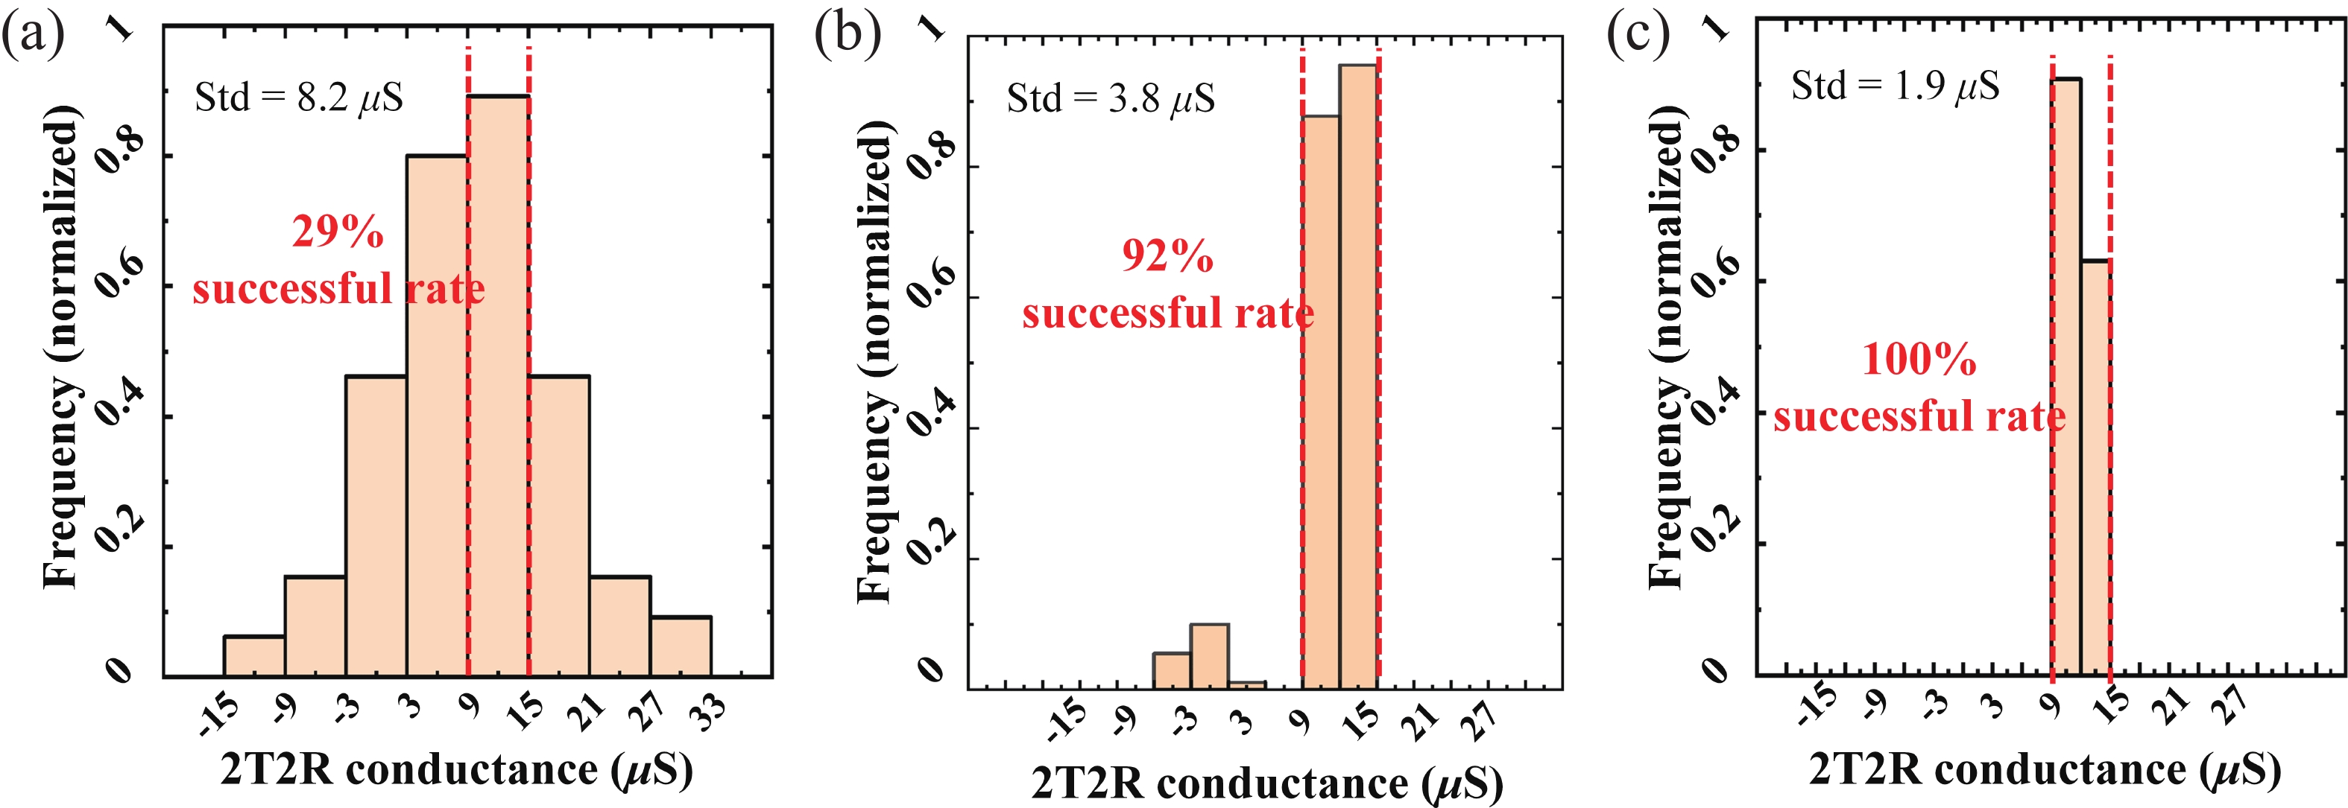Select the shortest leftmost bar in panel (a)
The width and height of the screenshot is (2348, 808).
[x=254, y=657]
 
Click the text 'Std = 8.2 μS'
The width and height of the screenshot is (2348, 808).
[x=299, y=98]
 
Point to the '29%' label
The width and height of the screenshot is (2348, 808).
[x=337, y=232]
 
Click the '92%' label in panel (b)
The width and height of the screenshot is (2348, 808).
[x=1167, y=256]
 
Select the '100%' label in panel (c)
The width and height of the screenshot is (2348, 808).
[x=1919, y=359]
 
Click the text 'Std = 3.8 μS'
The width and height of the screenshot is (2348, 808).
[x=1110, y=98]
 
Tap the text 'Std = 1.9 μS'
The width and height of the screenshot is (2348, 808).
[x=1895, y=86]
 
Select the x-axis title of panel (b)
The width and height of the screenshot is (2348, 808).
[x=1267, y=783]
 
